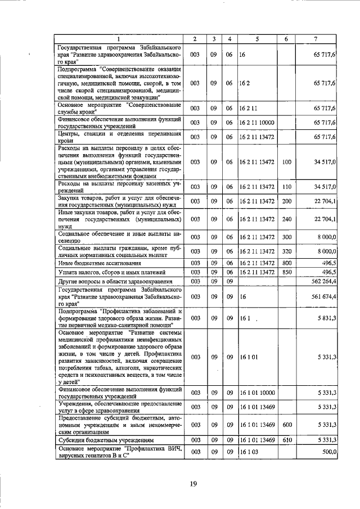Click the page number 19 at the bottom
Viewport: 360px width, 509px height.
(x=193, y=483)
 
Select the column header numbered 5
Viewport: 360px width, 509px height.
(x=256, y=38)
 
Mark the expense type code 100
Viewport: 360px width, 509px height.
(x=286, y=162)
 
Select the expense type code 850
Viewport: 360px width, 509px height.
(x=286, y=272)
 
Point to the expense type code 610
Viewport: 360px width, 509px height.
(x=286, y=439)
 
